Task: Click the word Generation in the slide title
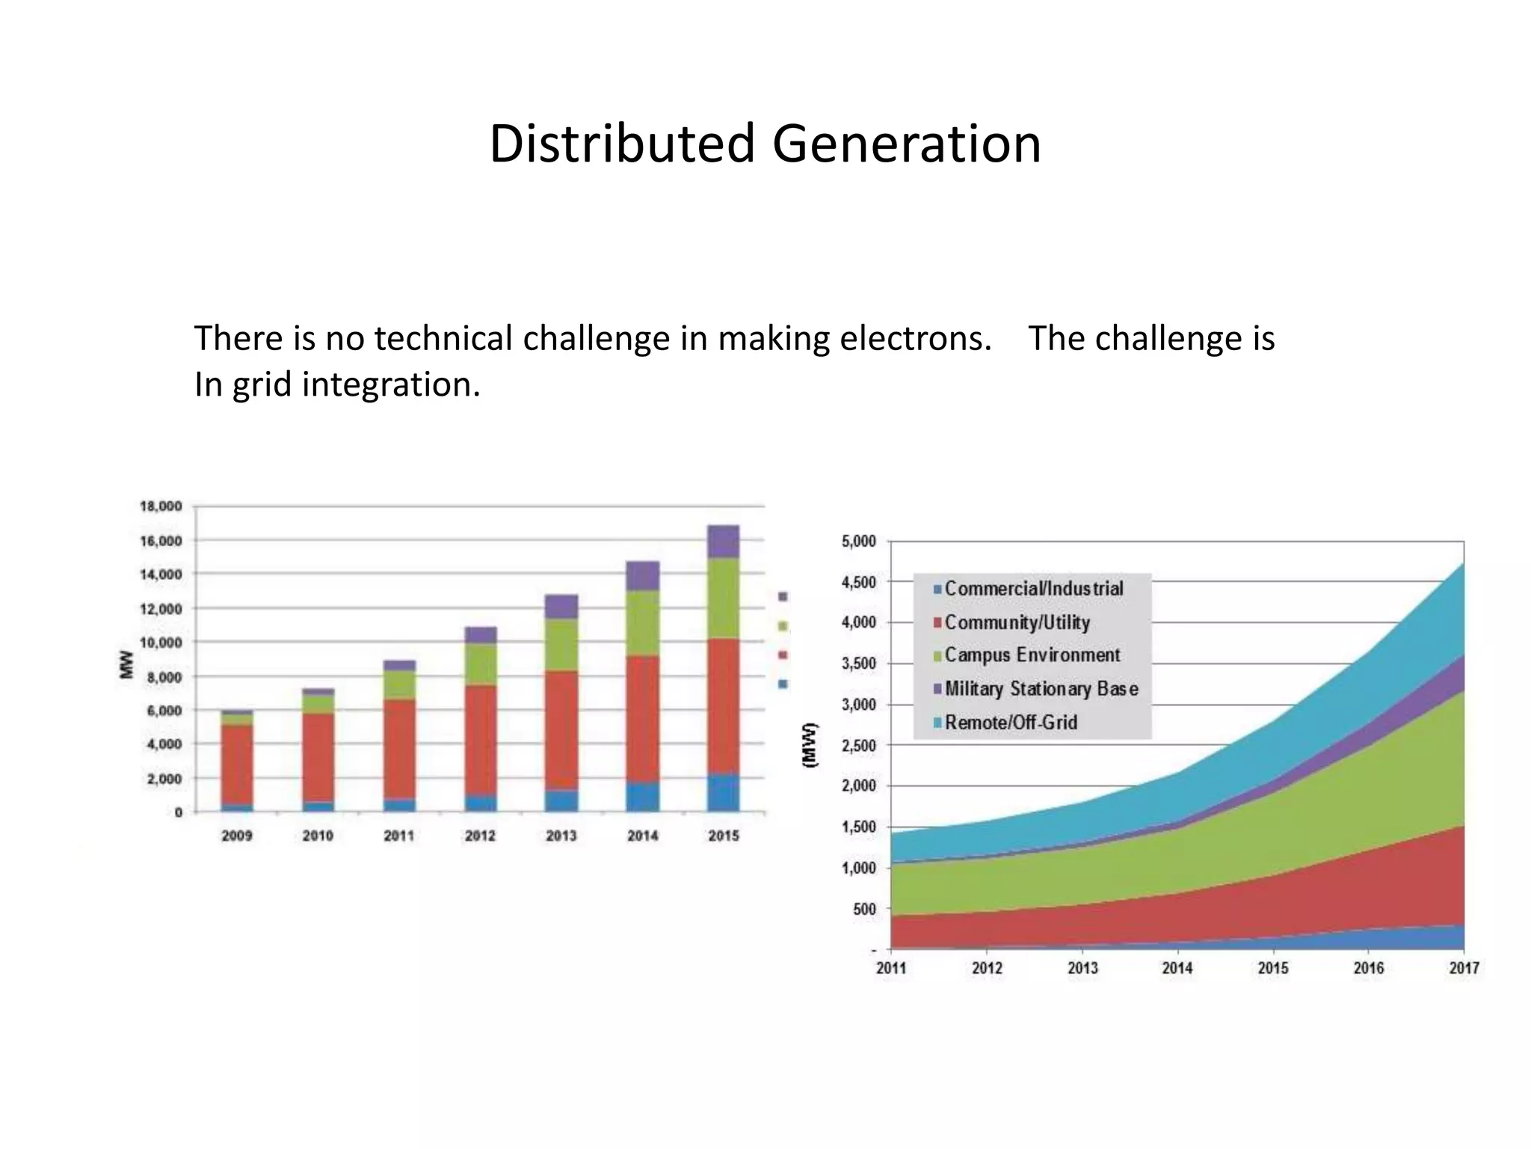[x=906, y=144]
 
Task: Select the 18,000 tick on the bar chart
[x=161, y=506]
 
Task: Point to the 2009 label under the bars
[x=237, y=836]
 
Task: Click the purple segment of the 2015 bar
[x=723, y=542]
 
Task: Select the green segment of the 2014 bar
[x=642, y=623]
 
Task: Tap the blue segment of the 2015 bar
[x=723, y=793]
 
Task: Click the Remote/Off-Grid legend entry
[x=1010, y=723]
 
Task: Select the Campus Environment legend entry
[x=1032, y=655]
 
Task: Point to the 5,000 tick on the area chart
[x=859, y=541]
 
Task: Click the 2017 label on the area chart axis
[x=1463, y=968]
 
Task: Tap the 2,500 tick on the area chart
[x=859, y=745]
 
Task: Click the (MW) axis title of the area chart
[x=810, y=745]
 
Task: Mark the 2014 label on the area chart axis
[x=1177, y=968]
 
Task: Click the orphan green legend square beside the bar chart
[x=783, y=626]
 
